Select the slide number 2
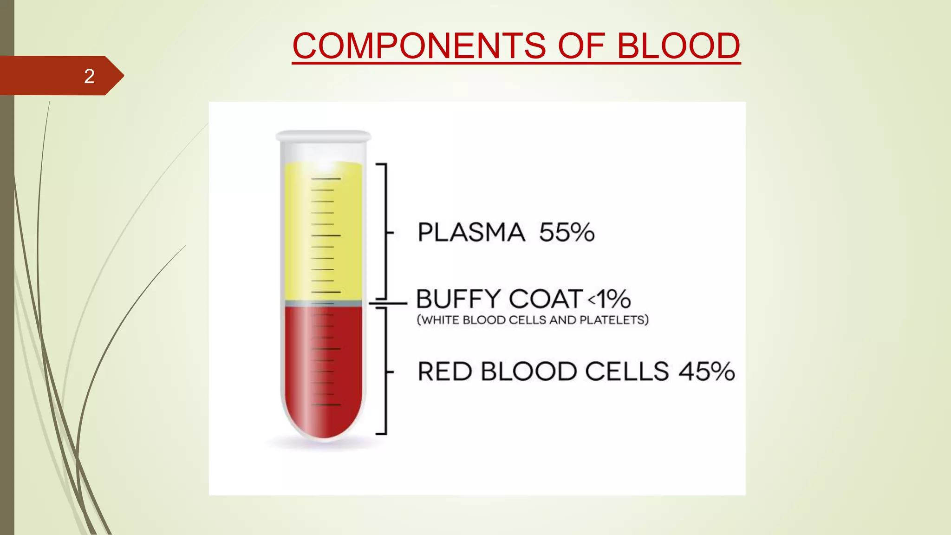89,76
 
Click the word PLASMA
471,232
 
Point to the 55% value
567,232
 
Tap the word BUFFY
458,299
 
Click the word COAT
546,299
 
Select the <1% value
609,299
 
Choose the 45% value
707,372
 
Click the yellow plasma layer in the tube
323,232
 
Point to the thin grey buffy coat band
323,303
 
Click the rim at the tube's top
323,136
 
